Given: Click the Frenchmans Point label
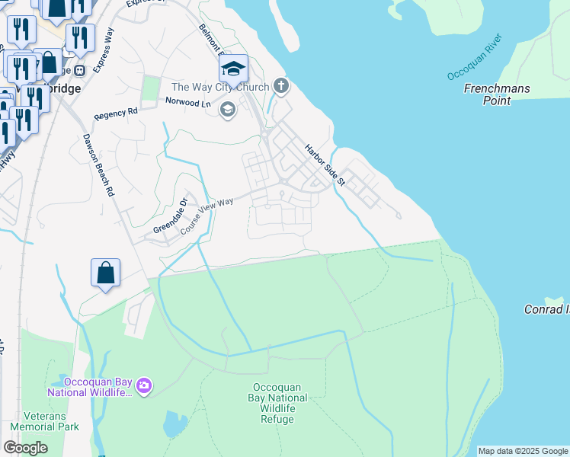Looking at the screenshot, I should (x=496, y=94).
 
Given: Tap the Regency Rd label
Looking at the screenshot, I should (x=116, y=113).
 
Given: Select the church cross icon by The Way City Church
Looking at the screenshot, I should (x=281, y=85).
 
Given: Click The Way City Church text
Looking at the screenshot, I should (x=221, y=87).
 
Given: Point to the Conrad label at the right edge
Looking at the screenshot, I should (x=545, y=309).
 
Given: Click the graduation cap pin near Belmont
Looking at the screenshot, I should (x=233, y=70).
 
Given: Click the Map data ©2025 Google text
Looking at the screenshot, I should (x=523, y=451).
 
